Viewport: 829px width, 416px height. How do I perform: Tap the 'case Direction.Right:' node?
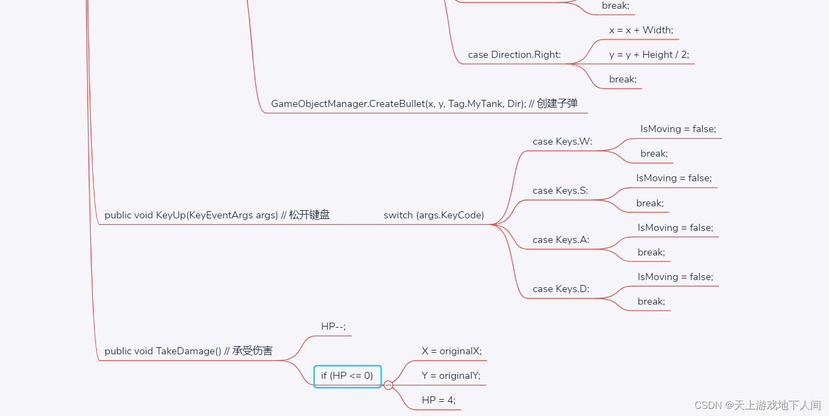pyautogui.click(x=514, y=55)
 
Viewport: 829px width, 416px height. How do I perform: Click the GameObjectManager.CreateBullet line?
pyautogui.click(x=424, y=104)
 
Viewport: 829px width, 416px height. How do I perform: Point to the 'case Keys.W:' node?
pyautogui.click(x=562, y=141)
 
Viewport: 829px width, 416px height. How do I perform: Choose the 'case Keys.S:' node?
pyautogui.click(x=560, y=191)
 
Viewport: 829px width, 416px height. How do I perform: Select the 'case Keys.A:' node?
pyautogui.click(x=561, y=240)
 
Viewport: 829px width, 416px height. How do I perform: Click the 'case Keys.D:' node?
pyautogui.click(x=561, y=289)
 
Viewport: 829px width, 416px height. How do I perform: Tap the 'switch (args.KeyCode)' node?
pyautogui.click(x=433, y=215)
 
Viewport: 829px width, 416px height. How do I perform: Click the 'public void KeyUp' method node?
pyautogui.click(x=217, y=215)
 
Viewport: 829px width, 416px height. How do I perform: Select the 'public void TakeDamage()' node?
pyautogui.click(x=188, y=351)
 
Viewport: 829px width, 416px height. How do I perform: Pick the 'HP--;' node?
pyautogui.click(x=333, y=326)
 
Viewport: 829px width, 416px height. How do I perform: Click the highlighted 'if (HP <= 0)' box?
pyautogui.click(x=347, y=376)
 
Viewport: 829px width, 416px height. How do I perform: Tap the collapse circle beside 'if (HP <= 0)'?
pyautogui.click(x=389, y=385)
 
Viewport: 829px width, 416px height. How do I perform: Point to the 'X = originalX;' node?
pyautogui.click(x=451, y=351)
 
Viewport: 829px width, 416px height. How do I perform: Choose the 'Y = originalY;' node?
pyautogui.click(x=451, y=376)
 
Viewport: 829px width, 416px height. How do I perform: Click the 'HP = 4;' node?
pyautogui.click(x=438, y=400)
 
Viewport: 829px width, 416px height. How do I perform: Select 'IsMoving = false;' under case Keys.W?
pyautogui.click(x=678, y=129)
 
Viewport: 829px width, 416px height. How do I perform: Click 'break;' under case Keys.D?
pyautogui.click(x=651, y=301)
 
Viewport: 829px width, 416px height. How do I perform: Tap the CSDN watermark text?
pyautogui.click(x=757, y=405)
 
